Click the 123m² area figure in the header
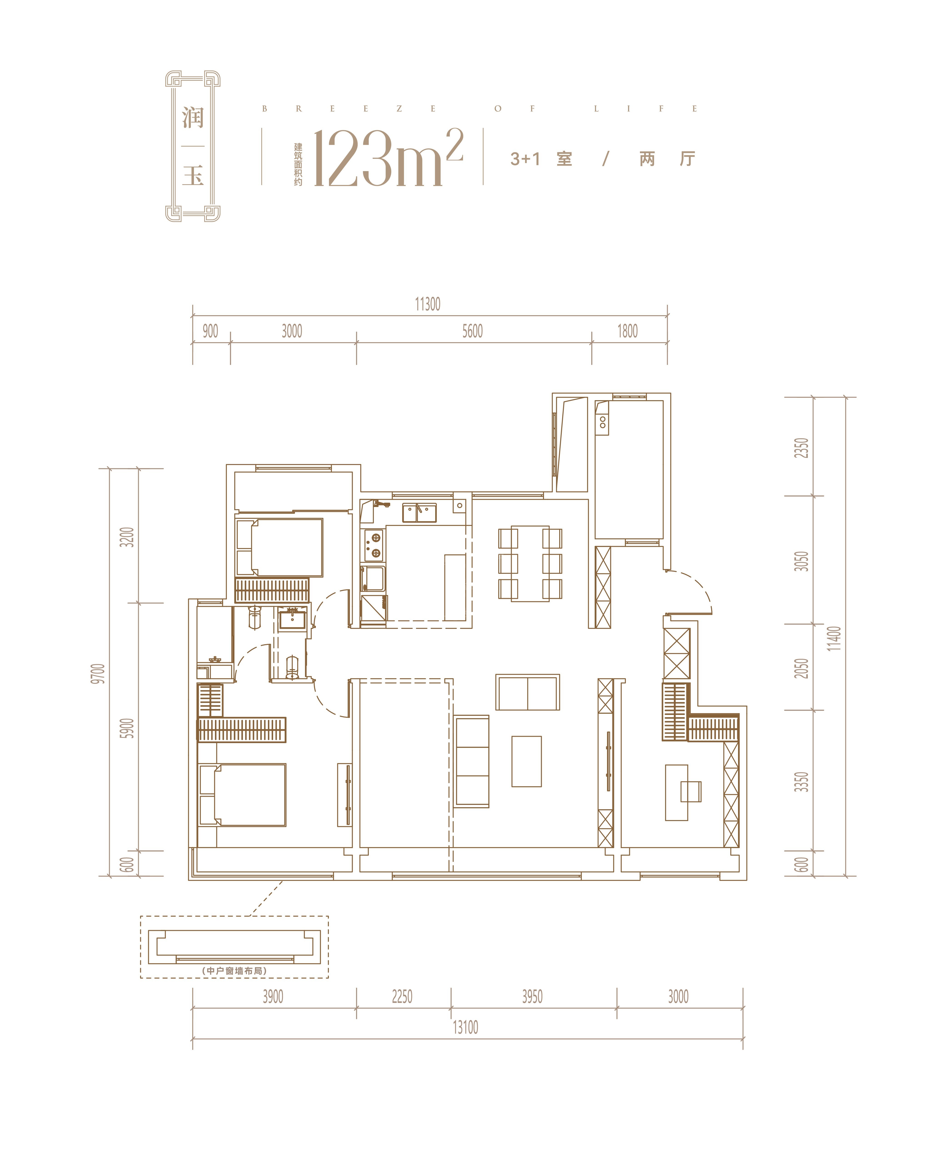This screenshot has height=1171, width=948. coord(388,158)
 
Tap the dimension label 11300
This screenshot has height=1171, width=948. coord(428,304)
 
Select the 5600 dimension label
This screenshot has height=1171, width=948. coord(472,331)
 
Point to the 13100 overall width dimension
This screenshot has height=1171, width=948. coord(465,1027)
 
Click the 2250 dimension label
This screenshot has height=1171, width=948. coord(402,997)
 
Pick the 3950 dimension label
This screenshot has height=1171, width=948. coord(532,997)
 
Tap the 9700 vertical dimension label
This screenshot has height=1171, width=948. coord(97,673)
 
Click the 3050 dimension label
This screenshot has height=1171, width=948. coord(801,562)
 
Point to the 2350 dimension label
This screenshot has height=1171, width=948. coord(801,448)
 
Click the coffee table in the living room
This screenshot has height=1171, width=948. coord(526,761)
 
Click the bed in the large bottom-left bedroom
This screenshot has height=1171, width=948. coord(242,795)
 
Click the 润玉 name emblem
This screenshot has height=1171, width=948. coord(193,146)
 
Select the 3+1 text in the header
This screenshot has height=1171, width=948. coord(525,159)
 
